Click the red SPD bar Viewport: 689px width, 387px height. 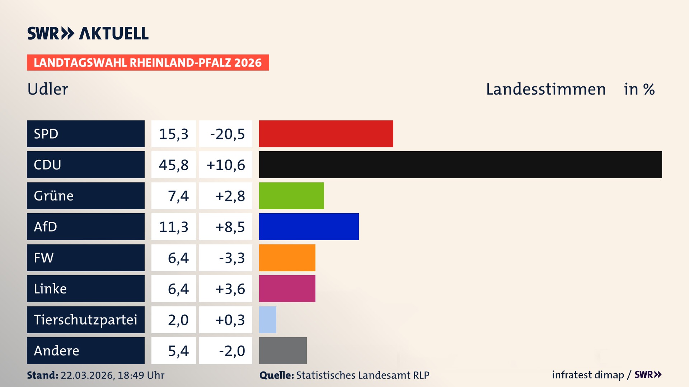(326, 134)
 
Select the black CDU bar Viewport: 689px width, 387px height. (460, 164)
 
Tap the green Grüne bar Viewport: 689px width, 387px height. (291, 196)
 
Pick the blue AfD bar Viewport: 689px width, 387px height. (309, 226)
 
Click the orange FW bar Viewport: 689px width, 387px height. (287, 258)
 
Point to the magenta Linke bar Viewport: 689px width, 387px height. (287, 288)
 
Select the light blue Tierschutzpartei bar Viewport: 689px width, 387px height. (268, 320)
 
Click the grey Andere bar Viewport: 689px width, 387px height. (283, 350)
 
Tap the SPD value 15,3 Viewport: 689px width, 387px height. (174, 134)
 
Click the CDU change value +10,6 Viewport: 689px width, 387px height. (226, 165)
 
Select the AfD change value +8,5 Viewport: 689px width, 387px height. (230, 227)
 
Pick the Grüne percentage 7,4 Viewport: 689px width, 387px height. (178, 196)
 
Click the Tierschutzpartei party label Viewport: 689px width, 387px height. (85, 320)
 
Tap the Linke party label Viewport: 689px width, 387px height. (50, 288)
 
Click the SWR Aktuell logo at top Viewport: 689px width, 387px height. (88, 33)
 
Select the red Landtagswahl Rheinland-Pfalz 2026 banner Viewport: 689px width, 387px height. (148, 63)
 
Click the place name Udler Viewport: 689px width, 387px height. (48, 89)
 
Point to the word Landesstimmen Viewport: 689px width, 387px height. (545, 89)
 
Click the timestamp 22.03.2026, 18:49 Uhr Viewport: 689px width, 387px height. (112, 375)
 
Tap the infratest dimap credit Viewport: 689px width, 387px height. (588, 375)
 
